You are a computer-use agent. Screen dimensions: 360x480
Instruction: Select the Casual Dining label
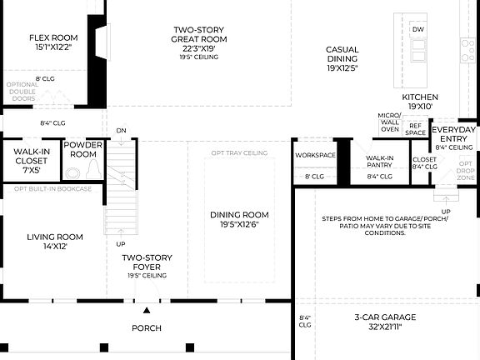click(x=342, y=50)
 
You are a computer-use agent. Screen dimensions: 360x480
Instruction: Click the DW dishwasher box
click(x=417, y=30)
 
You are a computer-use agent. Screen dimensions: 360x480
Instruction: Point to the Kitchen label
click(x=419, y=97)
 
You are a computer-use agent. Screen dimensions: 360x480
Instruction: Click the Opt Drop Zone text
click(x=466, y=171)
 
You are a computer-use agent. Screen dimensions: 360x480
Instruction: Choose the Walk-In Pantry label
click(x=379, y=161)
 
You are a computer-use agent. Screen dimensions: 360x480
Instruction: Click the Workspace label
click(x=315, y=155)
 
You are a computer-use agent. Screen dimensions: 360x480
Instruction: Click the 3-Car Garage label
click(x=386, y=317)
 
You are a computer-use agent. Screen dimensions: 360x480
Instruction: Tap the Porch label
click(x=147, y=327)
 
